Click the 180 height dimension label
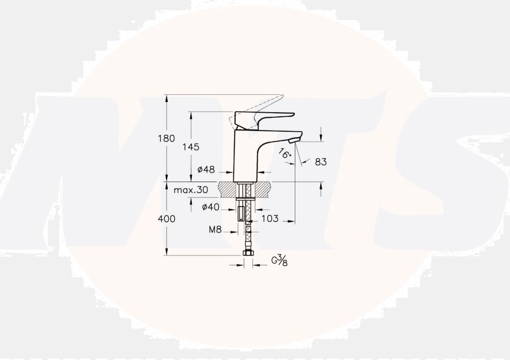click(x=152, y=138)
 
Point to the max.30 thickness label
click(x=190, y=190)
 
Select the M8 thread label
click(x=215, y=230)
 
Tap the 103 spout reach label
click(x=270, y=219)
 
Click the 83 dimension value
click(x=321, y=162)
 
